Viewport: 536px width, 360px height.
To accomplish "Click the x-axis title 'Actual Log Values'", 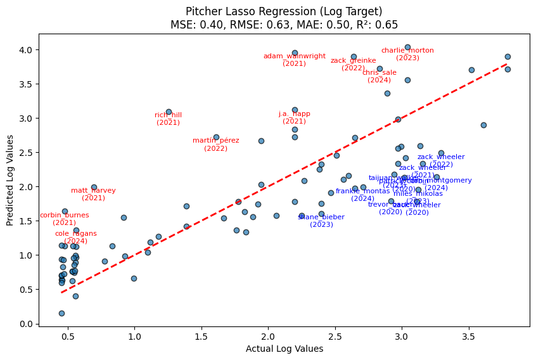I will click(x=284, y=349).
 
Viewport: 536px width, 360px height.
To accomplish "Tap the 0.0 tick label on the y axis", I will click(x=27, y=324).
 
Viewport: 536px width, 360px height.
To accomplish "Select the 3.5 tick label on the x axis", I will click(x=468, y=337).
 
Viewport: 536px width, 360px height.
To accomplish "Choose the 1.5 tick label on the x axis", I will click(x=201, y=337).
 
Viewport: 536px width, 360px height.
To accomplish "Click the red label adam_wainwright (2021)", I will click(x=295, y=60).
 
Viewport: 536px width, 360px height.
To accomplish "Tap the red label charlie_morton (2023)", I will click(x=407, y=54).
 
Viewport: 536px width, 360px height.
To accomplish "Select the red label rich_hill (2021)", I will click(x=168, y=119).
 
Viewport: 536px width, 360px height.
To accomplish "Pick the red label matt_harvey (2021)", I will click(x=93, y=194).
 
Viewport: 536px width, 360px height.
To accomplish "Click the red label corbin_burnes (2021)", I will click(x=64, y=219).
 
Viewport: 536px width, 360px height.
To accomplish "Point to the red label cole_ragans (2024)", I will click(x=75, y=237).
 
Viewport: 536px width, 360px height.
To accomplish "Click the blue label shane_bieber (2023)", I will click(x=321, y=221).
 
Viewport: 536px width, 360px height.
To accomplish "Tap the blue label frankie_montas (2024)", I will click(x=362, y=195).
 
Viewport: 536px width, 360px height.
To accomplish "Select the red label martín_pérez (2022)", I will click(x=215, y=145).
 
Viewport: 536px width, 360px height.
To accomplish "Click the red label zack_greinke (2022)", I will click(x=353, y=64).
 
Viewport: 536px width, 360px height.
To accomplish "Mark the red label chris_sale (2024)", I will click(x=379, y=76).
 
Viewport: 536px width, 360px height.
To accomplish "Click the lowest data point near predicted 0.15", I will click(x=61, y=313).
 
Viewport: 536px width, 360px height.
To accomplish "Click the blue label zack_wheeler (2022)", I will click(x=441, y=160).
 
